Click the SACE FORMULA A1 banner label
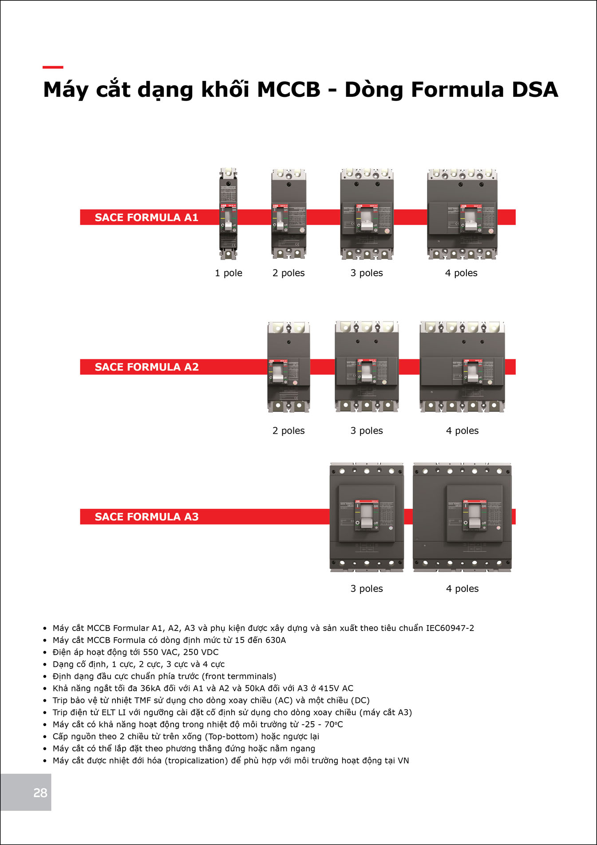tap(146, 218)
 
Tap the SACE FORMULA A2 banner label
tap(146, 367)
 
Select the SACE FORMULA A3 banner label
tap(146, 517)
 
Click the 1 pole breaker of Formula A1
tap(228, 214)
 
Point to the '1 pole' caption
tap(229, 273)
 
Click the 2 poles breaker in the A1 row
tap(289, 214)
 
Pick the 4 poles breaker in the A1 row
tap(462, 214)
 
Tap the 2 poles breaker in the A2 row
tap(289, 367)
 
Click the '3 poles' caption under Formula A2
tap(367, 431)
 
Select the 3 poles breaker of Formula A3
tap(367, 517)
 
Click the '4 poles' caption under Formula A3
tap(462, 589)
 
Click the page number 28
tap(40, 793)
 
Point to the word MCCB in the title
tap(289, 90)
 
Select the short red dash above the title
tap(53, 67)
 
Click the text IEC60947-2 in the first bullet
tap(450, 628)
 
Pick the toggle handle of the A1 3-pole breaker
tap(367, 220)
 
